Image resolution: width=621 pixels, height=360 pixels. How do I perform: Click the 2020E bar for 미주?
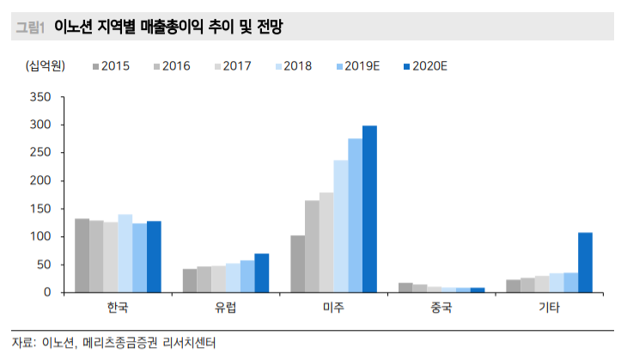tap(369, 209)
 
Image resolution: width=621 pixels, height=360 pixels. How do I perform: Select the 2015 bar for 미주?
tap(297, 264)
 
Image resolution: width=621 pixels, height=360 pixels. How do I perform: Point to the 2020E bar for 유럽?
tap(261, 273)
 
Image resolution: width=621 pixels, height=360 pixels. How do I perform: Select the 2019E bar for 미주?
tap(355, 216)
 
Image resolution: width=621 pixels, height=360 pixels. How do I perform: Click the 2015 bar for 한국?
tap(82, 255)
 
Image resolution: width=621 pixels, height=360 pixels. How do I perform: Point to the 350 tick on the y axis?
tap(40, 97)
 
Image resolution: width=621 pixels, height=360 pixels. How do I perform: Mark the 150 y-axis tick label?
tap(40, 209)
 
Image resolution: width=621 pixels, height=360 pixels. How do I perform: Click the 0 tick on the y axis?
tap(46, 292)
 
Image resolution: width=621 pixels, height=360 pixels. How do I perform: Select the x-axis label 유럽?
tap(226, 308)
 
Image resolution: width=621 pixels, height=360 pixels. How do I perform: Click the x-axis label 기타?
tap(549, 308)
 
